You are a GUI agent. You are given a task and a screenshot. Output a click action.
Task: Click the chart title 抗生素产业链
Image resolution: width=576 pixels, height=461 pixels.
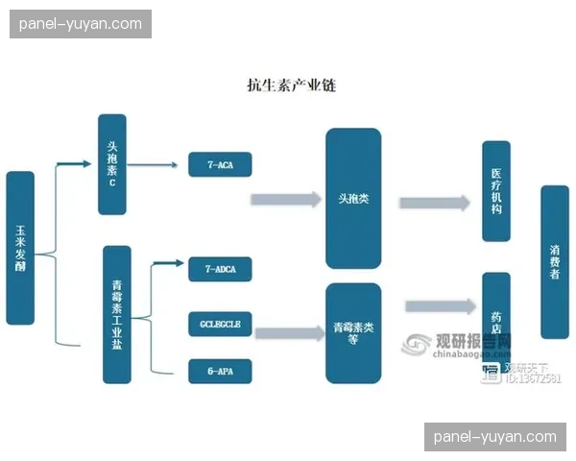[291, 85]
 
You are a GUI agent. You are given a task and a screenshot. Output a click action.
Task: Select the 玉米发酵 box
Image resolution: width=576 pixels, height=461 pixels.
[20, 248]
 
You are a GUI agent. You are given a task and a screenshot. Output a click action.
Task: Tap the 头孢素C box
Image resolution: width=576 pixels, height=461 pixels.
[112, 164]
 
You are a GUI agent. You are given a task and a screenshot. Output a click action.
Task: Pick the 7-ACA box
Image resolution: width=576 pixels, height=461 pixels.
[219, 165]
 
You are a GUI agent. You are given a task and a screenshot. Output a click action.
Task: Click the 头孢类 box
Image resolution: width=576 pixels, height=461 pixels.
[353, 199]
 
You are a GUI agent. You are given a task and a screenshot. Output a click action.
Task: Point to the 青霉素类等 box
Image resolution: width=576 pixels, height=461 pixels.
[353, 332]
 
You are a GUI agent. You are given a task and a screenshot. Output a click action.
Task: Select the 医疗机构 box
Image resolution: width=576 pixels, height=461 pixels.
[495, 191]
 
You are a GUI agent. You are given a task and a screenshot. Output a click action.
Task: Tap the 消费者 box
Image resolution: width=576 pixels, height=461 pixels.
[554, 261]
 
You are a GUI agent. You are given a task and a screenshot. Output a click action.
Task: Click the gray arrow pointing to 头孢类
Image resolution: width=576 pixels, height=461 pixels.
[285, 200]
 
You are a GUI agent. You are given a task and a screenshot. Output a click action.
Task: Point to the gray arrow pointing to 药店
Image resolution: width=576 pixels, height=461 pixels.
[440, 306]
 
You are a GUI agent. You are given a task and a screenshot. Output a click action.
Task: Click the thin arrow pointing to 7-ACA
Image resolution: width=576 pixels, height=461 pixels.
[154, 165]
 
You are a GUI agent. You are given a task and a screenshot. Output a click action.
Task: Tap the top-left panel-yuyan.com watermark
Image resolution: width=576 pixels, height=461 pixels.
[80, 24]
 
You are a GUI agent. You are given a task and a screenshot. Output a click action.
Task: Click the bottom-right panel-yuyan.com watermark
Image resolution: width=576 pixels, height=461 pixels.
[494, 436]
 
